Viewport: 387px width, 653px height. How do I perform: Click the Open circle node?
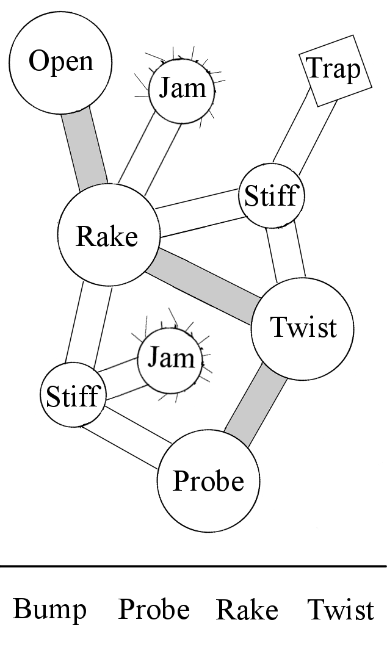(x=60, y=62)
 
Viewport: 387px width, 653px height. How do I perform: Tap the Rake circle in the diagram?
(x=107, y=236)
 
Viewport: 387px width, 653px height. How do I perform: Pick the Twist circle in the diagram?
(x=303, y=328)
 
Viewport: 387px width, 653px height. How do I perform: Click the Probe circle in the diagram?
(x=209, y=481)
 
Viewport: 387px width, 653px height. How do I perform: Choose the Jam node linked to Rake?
(x=182, y=89)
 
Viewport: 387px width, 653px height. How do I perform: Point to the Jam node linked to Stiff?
(x=170, y=358)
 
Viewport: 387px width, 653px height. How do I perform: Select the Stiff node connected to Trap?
(x=270, y=197)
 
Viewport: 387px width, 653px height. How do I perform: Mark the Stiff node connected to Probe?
(x=72, y=396)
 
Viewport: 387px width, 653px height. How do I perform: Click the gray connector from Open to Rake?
(x=85, y=149)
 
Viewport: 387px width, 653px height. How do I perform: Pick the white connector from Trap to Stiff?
(x=303, y=134)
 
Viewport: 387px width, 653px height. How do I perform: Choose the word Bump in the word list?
(x=49, y=609)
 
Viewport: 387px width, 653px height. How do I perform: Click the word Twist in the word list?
(x=340, y=609)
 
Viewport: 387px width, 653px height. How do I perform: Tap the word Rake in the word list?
(x=247, y=609)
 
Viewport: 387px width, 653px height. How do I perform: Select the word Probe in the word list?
(x=154, y=609)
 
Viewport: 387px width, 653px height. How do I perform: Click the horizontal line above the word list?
(x=193, y=567)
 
